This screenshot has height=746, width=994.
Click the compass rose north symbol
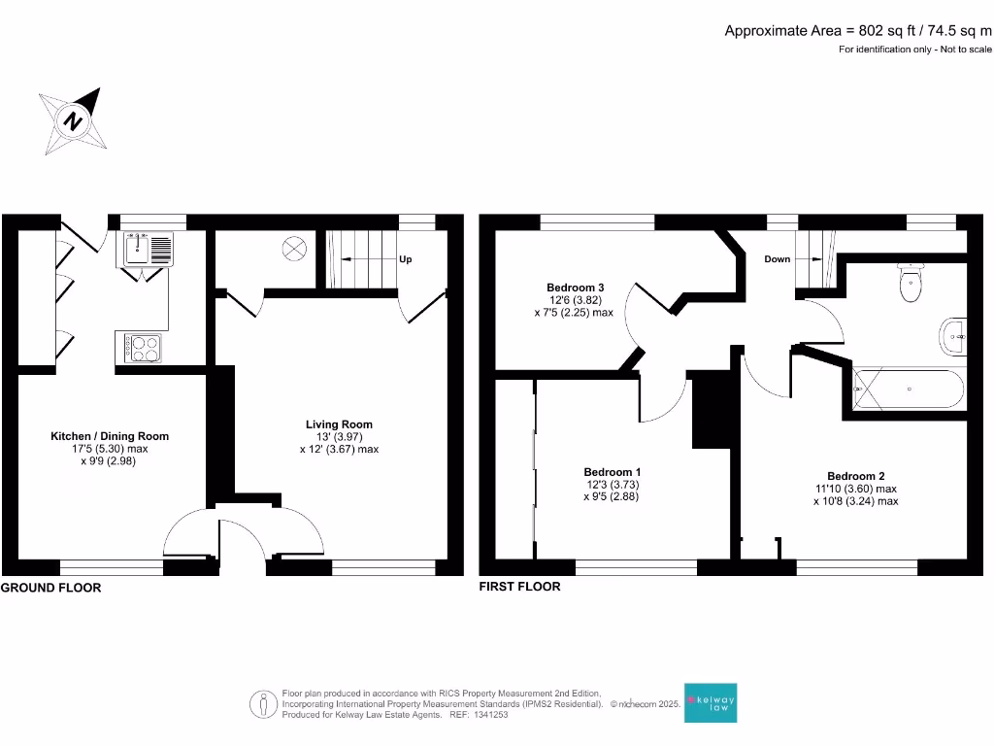pyautogui.click(x=72, y=121)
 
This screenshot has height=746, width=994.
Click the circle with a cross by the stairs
pyautogui.click(x=293, y=249)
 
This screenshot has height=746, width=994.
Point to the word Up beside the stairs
pyautogui.click(x=406, y=260)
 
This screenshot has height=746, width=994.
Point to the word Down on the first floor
pyautogui.click(x=778, y=259)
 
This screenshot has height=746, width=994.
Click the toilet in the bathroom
pyautogui.click(x=910, y=283)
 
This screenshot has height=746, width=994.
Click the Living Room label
pyautogui.click(x=339, y=424)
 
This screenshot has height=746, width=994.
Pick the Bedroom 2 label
pyautogui.click(x=855, y=476)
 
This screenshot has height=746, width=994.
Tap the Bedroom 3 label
pyautogui.click(x=575, y=288)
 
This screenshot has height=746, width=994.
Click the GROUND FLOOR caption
pyautogui.click(x=50, y=588)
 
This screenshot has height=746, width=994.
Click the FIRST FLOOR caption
pyautogui.click(x=519, y=587)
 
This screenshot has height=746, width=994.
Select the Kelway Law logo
pyautogui.click(x=711, y=701)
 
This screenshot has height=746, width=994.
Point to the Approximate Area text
pyautogui.click(x=858, y=30)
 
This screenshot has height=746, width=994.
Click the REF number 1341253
pyautogui.click(x=489, y=715)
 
